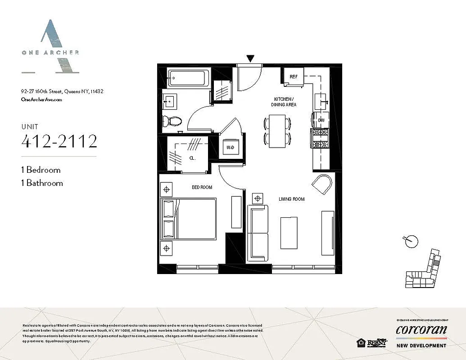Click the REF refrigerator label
click(294, 77)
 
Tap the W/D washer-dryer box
click(230, 147)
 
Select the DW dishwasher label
click(321, 120)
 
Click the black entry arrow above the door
click(250, 58)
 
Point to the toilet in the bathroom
click(172, 121)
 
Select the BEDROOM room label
click(202, 187)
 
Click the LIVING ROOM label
click(291, 199)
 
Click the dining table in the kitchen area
click(277, 131)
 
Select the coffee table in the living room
click(289, 232)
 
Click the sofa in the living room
click(258, 232)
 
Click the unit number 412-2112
click(59, 142)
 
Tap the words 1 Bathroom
click(42, 183)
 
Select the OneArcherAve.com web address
click(41, 99)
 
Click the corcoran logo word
click(421, 330)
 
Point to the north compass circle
click(410, 242)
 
